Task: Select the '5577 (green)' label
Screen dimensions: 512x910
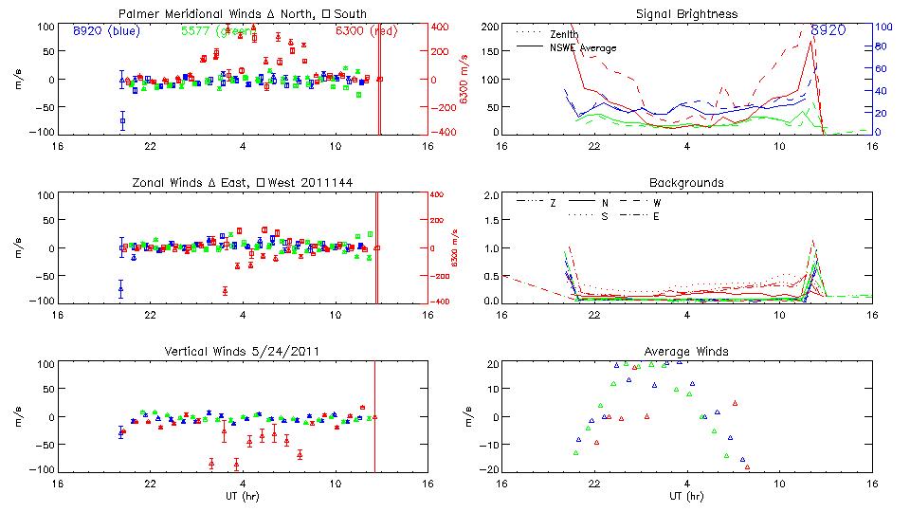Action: pyautogui.click(x=218, y=30)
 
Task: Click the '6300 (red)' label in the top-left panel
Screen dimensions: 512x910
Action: pyautogui.click(x=367, y=30)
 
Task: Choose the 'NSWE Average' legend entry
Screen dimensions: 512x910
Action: pyautogui.click(x=583, y=47)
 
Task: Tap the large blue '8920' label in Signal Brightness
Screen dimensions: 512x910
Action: pyautogui.click(x=828, y=30)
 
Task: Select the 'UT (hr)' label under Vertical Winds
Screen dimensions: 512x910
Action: pyautogui.click(x=244, y=496)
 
